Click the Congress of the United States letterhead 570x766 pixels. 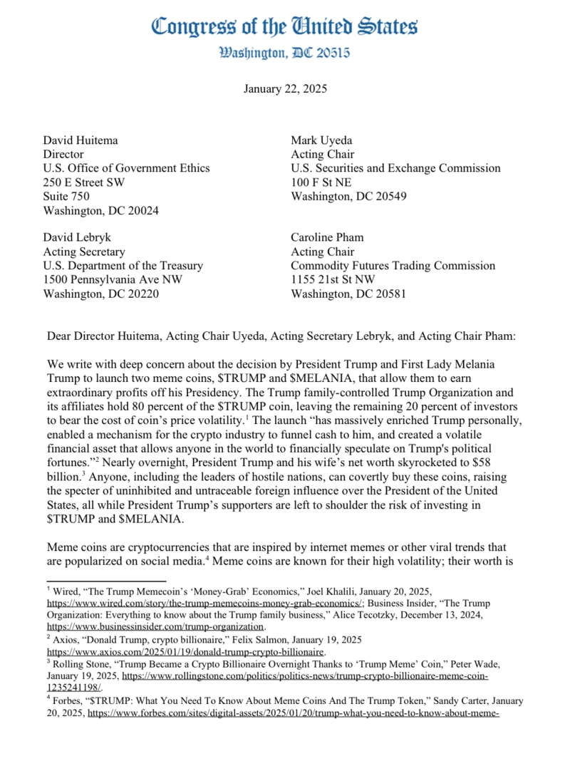[284, 27]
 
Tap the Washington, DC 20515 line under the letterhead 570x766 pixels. [284, 53]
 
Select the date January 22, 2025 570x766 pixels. [285, 89]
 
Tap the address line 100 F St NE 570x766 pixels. [321, 182]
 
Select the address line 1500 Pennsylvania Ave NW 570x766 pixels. [113, 279]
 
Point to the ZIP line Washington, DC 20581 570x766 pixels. [348, 294]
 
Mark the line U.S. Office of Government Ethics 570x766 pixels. [127, 168]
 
